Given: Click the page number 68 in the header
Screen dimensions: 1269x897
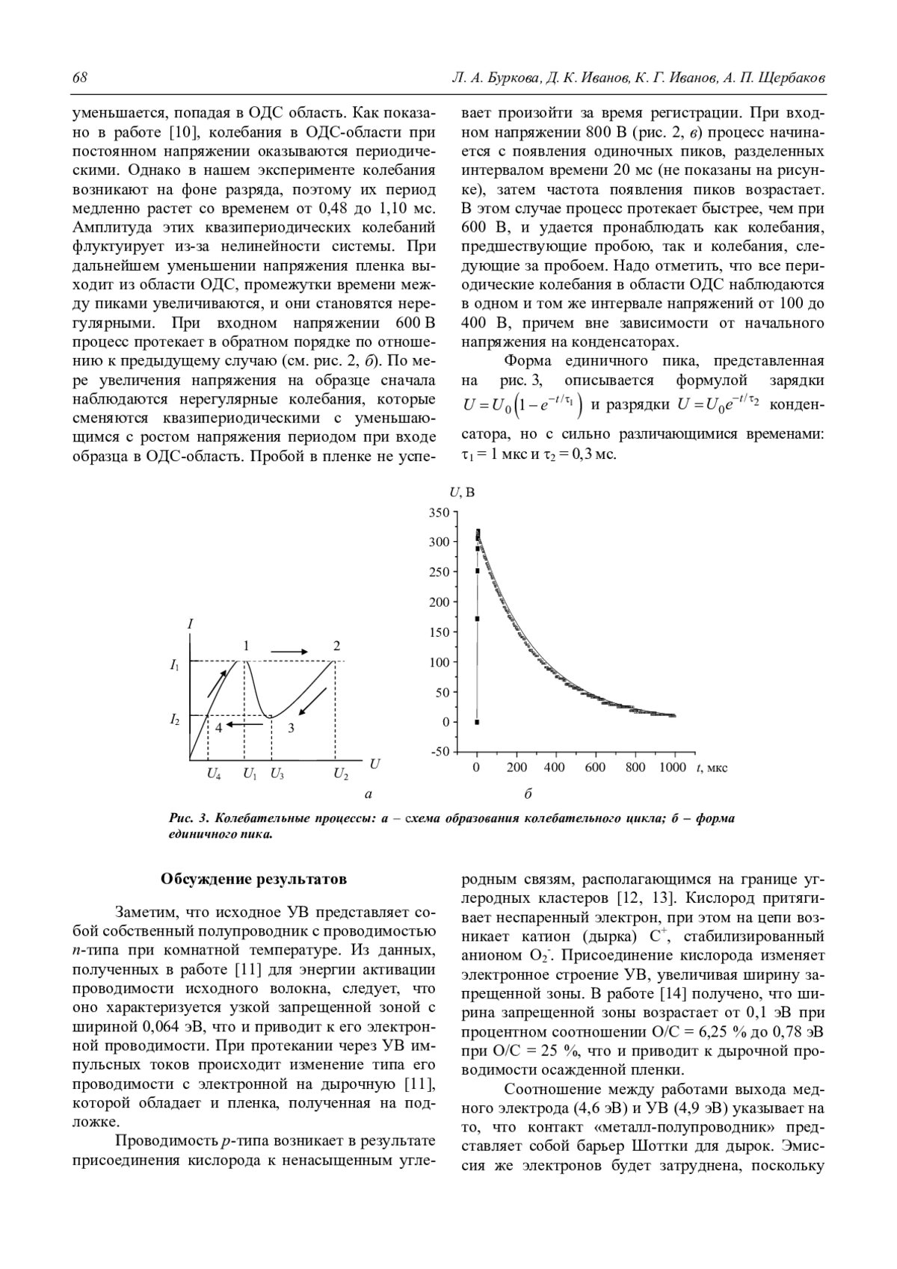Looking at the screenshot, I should pos(80,78).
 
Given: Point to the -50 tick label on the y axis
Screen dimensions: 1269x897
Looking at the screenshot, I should pos(440,752).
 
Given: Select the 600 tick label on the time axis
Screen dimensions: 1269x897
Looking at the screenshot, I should pos(595,768).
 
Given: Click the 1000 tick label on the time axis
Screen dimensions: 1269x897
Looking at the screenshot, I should pos(673,768).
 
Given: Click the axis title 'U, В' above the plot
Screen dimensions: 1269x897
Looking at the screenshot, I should pos(462,492).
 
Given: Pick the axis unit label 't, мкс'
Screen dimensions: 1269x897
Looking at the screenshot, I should pos(712,768).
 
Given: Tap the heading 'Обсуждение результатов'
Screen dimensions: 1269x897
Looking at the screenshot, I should pos(253,879).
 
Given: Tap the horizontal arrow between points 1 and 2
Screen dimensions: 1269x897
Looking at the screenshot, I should pos(289,652).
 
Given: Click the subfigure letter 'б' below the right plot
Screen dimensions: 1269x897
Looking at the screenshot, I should pos(528,794).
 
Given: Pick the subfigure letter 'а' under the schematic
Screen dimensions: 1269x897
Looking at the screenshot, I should pos(368,794).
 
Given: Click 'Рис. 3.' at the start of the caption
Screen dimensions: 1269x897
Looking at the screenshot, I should pos(187,818).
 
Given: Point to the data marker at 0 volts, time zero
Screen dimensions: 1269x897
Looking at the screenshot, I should pos(477,722).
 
